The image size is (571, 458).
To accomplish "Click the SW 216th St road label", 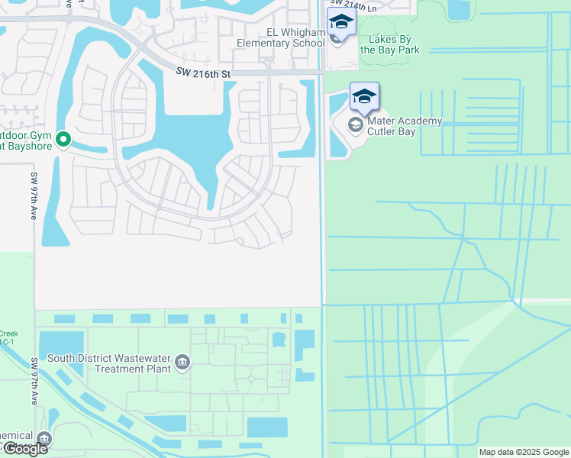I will coord(202,71).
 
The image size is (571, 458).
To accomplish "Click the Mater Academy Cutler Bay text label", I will coord(405,126).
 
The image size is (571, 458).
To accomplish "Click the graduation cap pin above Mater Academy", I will coord(365,97).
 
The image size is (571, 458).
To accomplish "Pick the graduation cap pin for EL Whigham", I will coord(341,22).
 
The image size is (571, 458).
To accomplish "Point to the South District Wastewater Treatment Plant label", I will coord(108,363).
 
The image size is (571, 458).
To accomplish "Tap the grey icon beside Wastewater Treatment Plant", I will coord(182,361).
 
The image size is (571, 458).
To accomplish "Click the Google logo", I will coord(24,449).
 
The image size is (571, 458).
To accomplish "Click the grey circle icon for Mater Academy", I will coord(355,124).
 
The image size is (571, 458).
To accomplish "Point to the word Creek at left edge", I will coord(8,334).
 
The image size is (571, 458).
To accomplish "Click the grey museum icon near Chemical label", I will coord(44,438).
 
